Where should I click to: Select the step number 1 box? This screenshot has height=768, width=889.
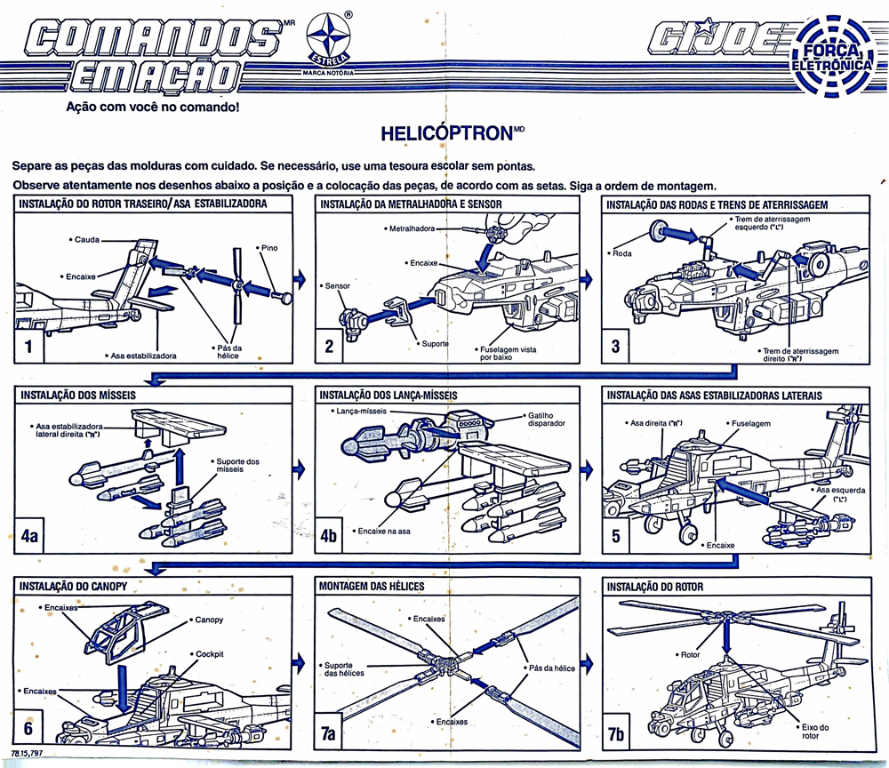click(29, 347)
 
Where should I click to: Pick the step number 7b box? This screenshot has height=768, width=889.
click(616, 732)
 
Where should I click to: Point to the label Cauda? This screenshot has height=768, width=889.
click(86, 240)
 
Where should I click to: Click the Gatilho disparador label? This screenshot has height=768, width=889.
click(546, 419)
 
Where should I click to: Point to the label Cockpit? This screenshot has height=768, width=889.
click(209, 653)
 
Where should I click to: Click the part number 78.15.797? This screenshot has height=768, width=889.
click(29, 754)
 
